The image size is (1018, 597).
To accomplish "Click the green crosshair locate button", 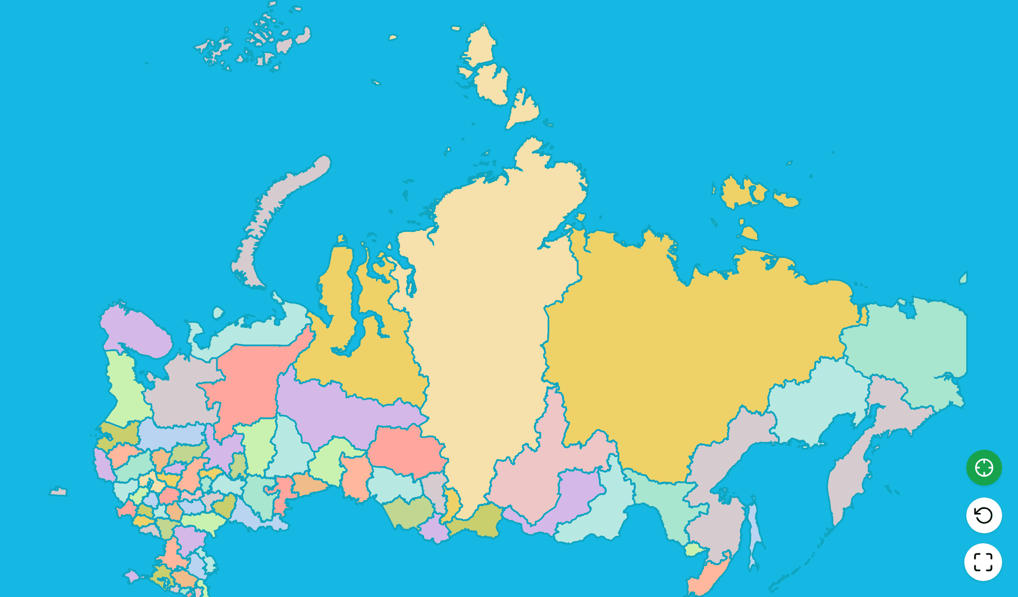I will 984,468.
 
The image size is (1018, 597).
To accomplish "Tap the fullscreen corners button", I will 983,562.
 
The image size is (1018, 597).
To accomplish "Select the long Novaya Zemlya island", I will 278,209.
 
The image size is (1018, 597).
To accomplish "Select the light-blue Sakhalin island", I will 755,532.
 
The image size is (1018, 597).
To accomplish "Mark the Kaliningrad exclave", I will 58,492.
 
